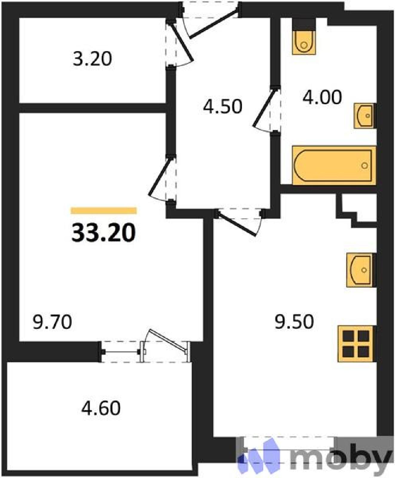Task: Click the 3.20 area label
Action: (92, 59)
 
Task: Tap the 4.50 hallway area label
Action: (223, 106)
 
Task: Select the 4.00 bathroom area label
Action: (322, 97)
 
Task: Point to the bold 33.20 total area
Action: (104, 233)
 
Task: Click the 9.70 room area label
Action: (53, 322)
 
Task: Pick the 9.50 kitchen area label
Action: (294, 322)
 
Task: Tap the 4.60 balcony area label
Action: (101, 408)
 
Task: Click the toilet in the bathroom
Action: (304, 36)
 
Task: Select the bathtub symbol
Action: (334, 165)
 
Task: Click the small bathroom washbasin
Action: (364, 116)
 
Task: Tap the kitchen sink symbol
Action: (360, 270)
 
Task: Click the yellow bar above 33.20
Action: (104, 211)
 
